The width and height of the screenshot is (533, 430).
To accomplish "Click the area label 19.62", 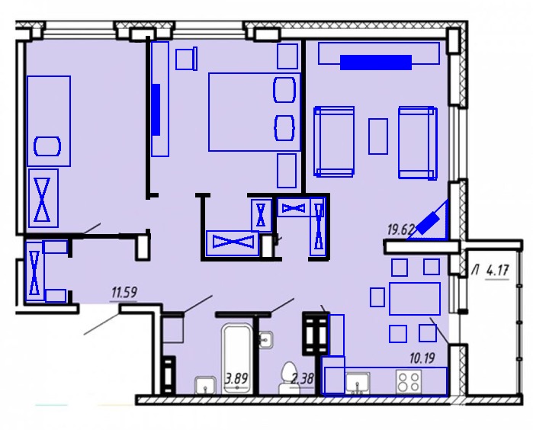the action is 400,229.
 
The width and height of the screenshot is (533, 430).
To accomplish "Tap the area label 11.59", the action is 124,292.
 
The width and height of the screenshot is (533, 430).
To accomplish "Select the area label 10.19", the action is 422,358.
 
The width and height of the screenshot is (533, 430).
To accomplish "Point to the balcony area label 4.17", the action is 498,271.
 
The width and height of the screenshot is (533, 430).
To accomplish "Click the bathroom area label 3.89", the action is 236,378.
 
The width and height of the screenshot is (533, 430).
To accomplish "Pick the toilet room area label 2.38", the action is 302,378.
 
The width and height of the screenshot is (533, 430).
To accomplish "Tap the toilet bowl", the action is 287,378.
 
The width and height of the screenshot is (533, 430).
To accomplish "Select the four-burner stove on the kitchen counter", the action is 409,382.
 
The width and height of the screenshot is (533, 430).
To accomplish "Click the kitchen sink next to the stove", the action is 358,383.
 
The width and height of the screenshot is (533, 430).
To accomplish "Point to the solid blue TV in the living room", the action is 376,63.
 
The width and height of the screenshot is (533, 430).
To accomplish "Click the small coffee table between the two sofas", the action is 378,136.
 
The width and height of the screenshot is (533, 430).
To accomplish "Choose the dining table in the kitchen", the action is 415,298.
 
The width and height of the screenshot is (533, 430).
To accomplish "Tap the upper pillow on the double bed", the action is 284,90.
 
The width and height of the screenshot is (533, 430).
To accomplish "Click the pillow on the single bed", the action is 47,146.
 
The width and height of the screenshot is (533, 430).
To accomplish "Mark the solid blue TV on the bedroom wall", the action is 156,110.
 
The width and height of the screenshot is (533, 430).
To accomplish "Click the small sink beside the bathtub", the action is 205,386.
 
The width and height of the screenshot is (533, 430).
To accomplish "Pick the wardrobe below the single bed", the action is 43,198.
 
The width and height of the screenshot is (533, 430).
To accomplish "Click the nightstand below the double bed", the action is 287,171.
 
